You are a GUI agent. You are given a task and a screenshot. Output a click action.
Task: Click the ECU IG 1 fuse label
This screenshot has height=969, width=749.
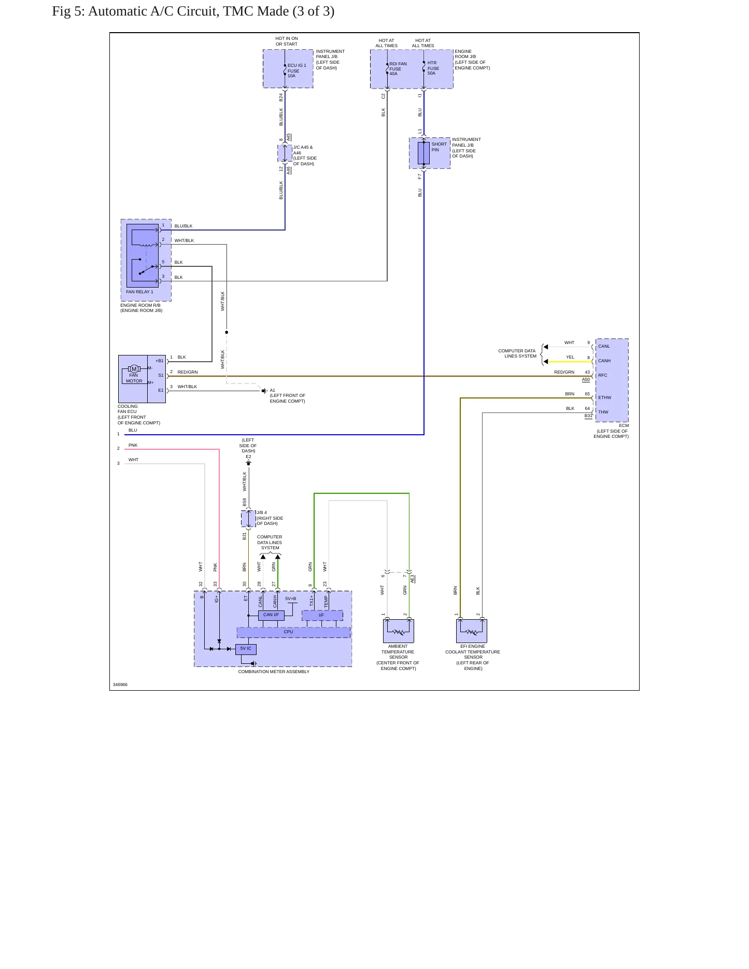click(297, 70)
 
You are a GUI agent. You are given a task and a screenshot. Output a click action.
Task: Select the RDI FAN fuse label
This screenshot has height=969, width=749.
click(398, 69)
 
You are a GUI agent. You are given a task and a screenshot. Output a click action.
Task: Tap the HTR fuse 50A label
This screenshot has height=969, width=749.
click(433, 68)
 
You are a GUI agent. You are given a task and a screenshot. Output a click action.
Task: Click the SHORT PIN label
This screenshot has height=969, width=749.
click(439, 147)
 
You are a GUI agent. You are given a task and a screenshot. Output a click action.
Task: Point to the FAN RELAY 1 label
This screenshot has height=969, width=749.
click(139, 292)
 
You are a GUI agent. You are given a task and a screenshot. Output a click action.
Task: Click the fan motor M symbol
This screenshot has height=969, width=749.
click(134, 369)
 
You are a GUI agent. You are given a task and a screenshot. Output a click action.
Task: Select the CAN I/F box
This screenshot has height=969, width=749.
click(271, 615)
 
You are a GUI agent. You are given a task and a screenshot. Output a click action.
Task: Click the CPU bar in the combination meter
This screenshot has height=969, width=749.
click(293, 632)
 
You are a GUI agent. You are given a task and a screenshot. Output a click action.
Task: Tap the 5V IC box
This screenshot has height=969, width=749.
click(246, 649)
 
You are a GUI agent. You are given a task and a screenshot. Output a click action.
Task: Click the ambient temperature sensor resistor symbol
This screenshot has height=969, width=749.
click(398, 632)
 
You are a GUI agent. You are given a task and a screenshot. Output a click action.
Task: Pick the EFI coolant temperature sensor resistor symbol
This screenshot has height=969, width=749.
click(472, 632)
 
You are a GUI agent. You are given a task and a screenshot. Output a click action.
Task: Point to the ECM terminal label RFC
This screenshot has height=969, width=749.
click(603, 375)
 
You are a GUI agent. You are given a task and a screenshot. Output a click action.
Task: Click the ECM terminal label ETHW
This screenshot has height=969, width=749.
click(604, 397)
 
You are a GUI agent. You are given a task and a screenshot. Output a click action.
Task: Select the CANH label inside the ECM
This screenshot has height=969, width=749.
click(604, 361)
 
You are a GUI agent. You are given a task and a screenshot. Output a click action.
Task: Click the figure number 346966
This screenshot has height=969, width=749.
click(120, 685)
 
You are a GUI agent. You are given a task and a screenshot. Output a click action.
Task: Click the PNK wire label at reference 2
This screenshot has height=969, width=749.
click(133, 445)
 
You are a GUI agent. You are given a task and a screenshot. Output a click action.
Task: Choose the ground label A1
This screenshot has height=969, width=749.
click(273, 390)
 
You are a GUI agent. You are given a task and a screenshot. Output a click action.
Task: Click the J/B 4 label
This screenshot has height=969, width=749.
click(262, 512)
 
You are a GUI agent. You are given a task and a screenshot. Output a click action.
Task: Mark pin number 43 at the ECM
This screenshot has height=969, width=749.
click(587, 372)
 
